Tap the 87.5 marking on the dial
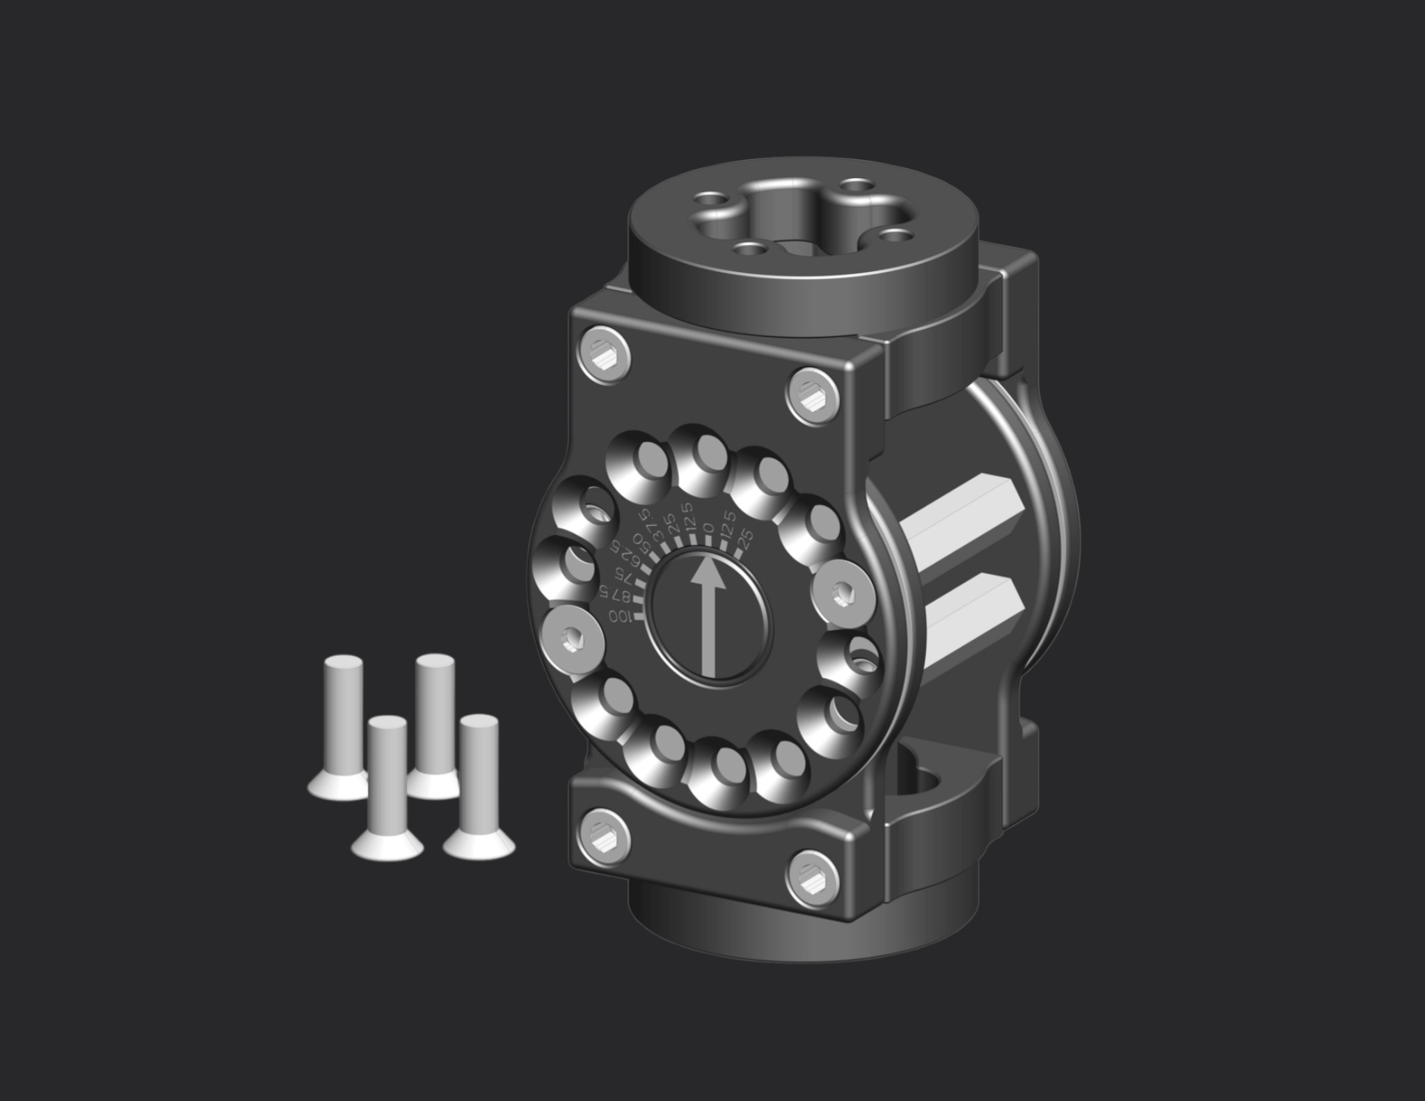pos(615,595)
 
